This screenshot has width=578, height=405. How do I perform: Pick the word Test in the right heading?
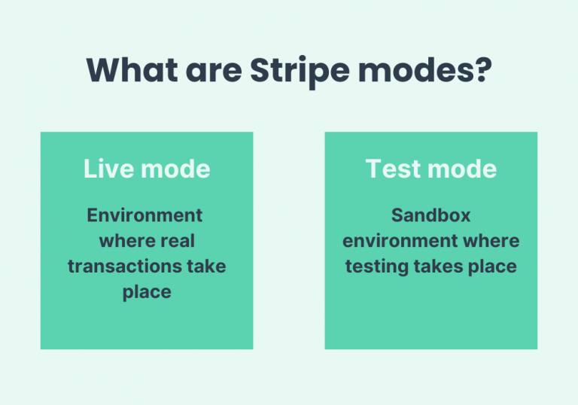(391, 169)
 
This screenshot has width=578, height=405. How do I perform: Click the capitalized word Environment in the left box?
(145, 215)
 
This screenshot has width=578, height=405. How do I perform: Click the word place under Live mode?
(147, 292)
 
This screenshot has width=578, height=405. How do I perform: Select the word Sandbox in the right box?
(430, 215)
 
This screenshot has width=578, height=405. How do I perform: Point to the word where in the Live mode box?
(127, 241)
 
